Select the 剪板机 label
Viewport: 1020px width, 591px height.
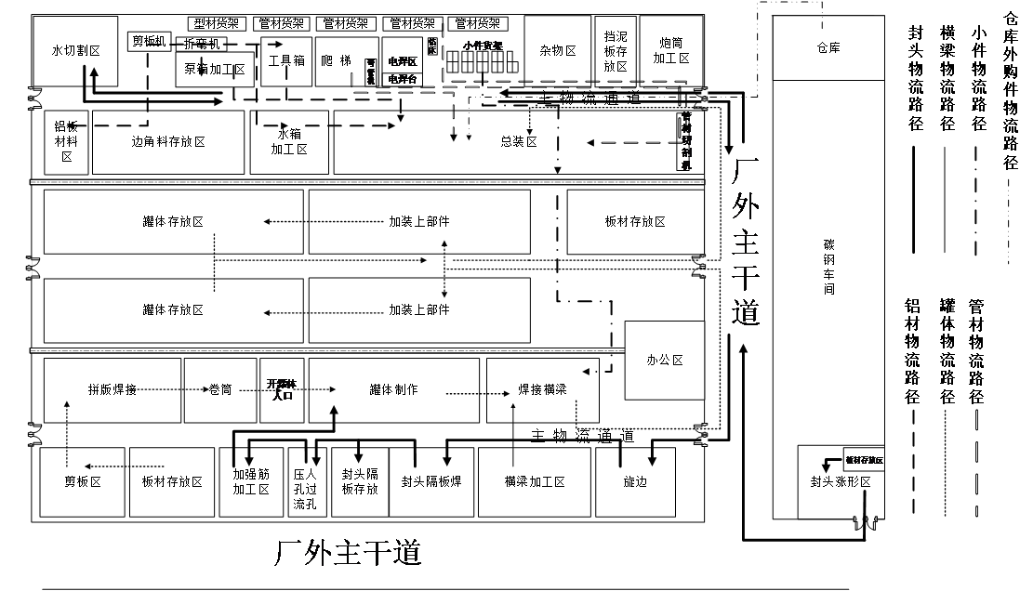pos(149,41)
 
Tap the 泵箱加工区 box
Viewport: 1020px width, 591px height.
pos(214,70)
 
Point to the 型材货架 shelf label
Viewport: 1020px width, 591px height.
pos(218,23)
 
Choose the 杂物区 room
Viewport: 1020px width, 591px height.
pos(558,51)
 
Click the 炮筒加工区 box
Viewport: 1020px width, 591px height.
pos(671,51)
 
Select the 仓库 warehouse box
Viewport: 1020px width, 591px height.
pos(828,48)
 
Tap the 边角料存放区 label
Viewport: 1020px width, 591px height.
pos(168,142)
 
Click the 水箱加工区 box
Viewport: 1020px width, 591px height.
pos(289,142)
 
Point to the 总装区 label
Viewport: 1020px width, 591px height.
pos(519,142)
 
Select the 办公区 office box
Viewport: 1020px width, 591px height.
pos(665,361)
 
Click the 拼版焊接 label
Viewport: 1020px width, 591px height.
pos(113,390)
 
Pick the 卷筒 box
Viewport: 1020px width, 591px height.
pos(220,390)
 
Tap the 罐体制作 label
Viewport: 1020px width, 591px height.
pos(393,390)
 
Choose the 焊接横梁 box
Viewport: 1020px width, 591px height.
pos(542,390)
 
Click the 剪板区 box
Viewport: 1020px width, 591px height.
pos(82,482)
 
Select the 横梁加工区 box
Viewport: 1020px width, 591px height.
pos(535,482)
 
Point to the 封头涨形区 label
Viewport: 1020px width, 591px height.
pos(840,482)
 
